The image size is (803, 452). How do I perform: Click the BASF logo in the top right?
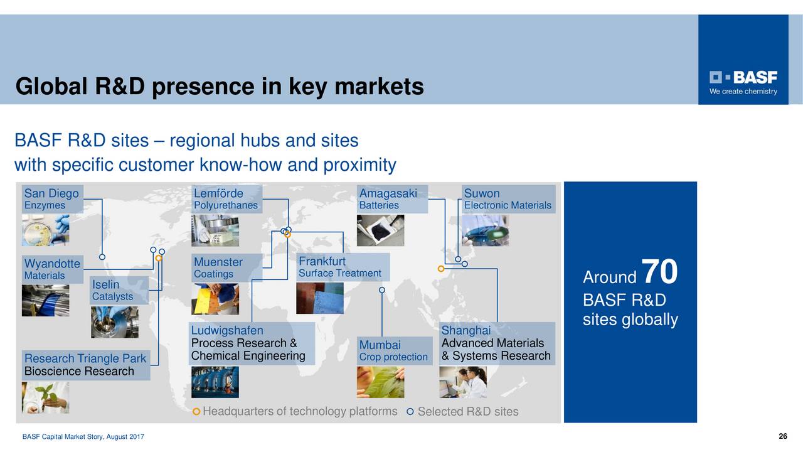pyautogui.click(x=743, y=82)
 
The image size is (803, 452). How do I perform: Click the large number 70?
pyautogui.click(x=659, y=272)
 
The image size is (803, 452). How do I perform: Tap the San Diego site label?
pyautogui.click(x=51, y=193)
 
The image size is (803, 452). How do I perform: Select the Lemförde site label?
pyautogui.click(x=218, y=193)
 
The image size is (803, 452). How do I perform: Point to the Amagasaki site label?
pyautogui.click(x=388, y=193)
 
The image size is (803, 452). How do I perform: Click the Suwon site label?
pyautogui.click(x=482, y=193)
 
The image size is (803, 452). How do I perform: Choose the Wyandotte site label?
pyautogui.click(x=52, y=263)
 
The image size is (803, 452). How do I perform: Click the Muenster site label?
pyautogui.click(x=218, y=262)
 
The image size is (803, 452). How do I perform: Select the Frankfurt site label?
pyautogui.click(x=322, y=261)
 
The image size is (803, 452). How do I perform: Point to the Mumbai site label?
pyautogui.click(x=380, y=345)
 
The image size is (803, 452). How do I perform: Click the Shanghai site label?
pyautogui.click(x=465, y=330)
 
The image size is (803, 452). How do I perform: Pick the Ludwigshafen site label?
pyautogui.click(x=227, y=330)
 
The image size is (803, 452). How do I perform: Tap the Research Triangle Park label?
pyautogui.click(x=85, y=358)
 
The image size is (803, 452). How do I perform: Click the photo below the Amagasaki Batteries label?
pyautogui.click(x=380, y=230)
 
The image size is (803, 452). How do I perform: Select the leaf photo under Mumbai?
pyautogui.click(x=380, y=382)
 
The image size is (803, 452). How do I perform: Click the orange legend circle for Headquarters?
pyautogui.click(x=197, y=412)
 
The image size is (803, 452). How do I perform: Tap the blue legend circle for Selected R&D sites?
pyautogui.click(x=410, y=412)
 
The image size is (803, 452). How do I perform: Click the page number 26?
pyautogui.click(x=782, y=437)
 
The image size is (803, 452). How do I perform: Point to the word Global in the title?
pyautogui.click(x=52, y=87)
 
